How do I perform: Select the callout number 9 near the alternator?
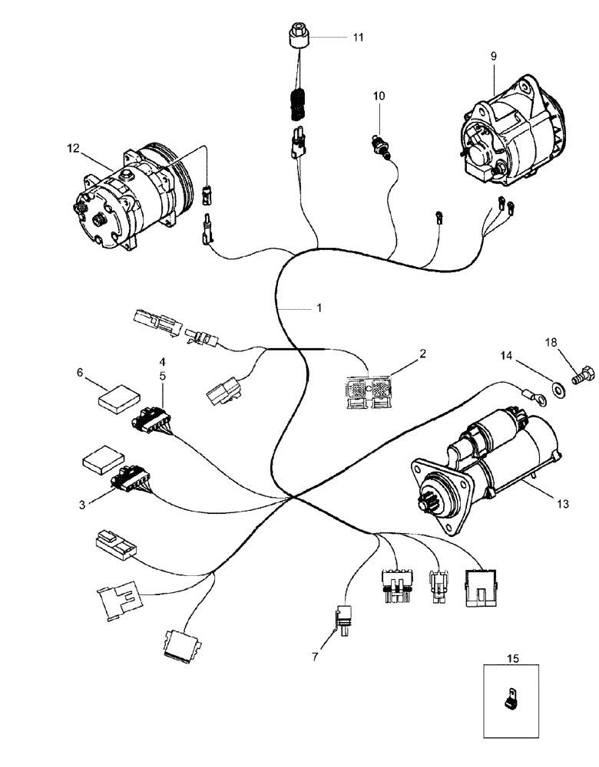(x=493, y=55)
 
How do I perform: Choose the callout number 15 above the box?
(x=512, y=657)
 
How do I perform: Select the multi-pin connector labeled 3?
(x=129, y=479)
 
